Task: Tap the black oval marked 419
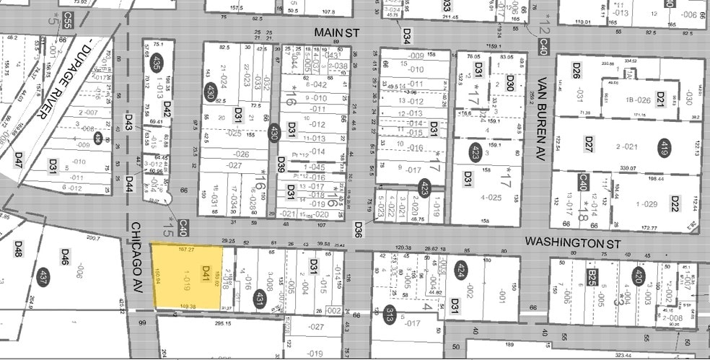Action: pyautogui.click(x=662, y=149)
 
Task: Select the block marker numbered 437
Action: pyautogui.click(x=44, y=278)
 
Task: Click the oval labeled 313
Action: pyautogui.click(x=390, y=313)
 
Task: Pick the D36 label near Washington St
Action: pyautogui.click(x=358, y=229)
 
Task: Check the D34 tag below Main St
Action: pyautogui.click(x=406, y=34)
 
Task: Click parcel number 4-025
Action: pyautogui.click(x=491, y=197)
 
